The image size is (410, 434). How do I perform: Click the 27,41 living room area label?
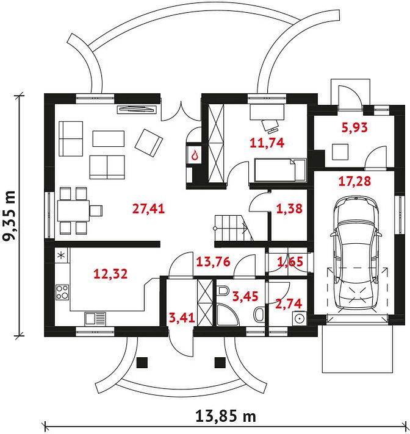[148, 208]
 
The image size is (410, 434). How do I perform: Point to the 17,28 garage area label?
[354, 181]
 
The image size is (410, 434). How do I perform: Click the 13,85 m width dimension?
[226, 416]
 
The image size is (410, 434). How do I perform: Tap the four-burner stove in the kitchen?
[62, 293]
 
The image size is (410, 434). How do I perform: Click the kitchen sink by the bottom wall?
[95, 318]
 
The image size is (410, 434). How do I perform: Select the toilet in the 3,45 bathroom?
[223, 290]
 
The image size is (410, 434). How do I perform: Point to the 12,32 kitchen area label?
[110, 274]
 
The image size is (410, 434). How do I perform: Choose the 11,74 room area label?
[267, 143]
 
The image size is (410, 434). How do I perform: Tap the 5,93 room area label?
[354, 127]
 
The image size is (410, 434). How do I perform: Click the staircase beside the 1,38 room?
[234, 228]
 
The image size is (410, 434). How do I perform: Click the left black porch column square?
[142, 362]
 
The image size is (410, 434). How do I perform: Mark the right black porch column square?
[220, 362]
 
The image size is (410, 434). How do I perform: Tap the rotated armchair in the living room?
[149, 143]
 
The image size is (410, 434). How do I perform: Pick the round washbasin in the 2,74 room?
[299, 318]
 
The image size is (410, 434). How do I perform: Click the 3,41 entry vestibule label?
[182, 318]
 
